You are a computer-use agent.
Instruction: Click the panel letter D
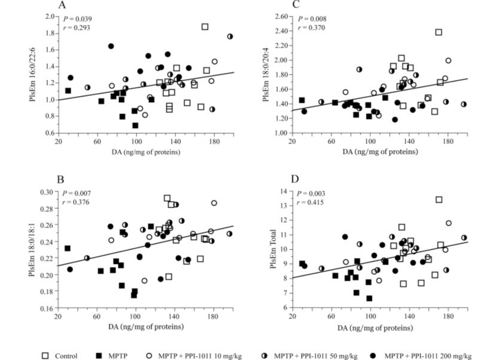(x=294, y=179)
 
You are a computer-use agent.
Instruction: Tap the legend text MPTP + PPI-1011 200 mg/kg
(x=427, y=356)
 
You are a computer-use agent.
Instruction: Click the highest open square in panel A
(x=205, y=27)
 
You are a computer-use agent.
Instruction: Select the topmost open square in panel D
(x=439, y=199)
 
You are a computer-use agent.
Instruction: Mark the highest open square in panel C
(x=438, y=32)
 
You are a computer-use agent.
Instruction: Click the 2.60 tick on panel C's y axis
(x=282, y=17)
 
